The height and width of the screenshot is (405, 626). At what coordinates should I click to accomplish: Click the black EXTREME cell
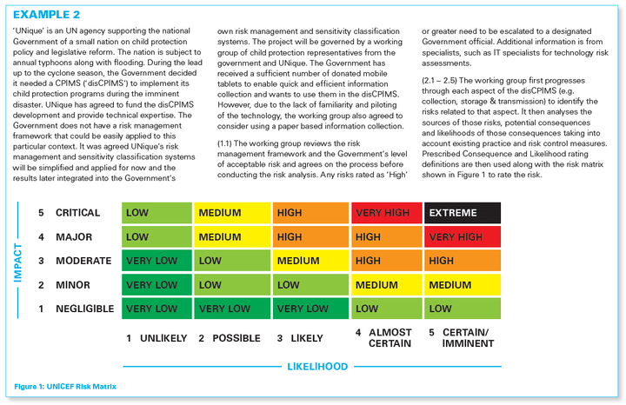pyautogui.click(x=462, y=213)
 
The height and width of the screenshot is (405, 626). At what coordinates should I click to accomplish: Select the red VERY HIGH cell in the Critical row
pyautogui.click(x=386, y=213)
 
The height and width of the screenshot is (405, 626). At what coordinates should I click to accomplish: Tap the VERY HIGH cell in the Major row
pyautogui.click(x=462, y=236)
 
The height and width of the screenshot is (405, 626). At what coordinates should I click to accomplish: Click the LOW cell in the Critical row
pyautogui.click(x=158, y=213)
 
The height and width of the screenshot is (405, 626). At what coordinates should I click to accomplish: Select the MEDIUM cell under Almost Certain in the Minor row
pyautogui.click(x=386, y=284)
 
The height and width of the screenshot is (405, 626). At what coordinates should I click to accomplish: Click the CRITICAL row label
pyautogui.click(x=77, y=213)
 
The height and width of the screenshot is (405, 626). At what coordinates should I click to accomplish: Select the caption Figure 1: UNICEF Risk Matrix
pyautogui.click(x=64, y=385)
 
